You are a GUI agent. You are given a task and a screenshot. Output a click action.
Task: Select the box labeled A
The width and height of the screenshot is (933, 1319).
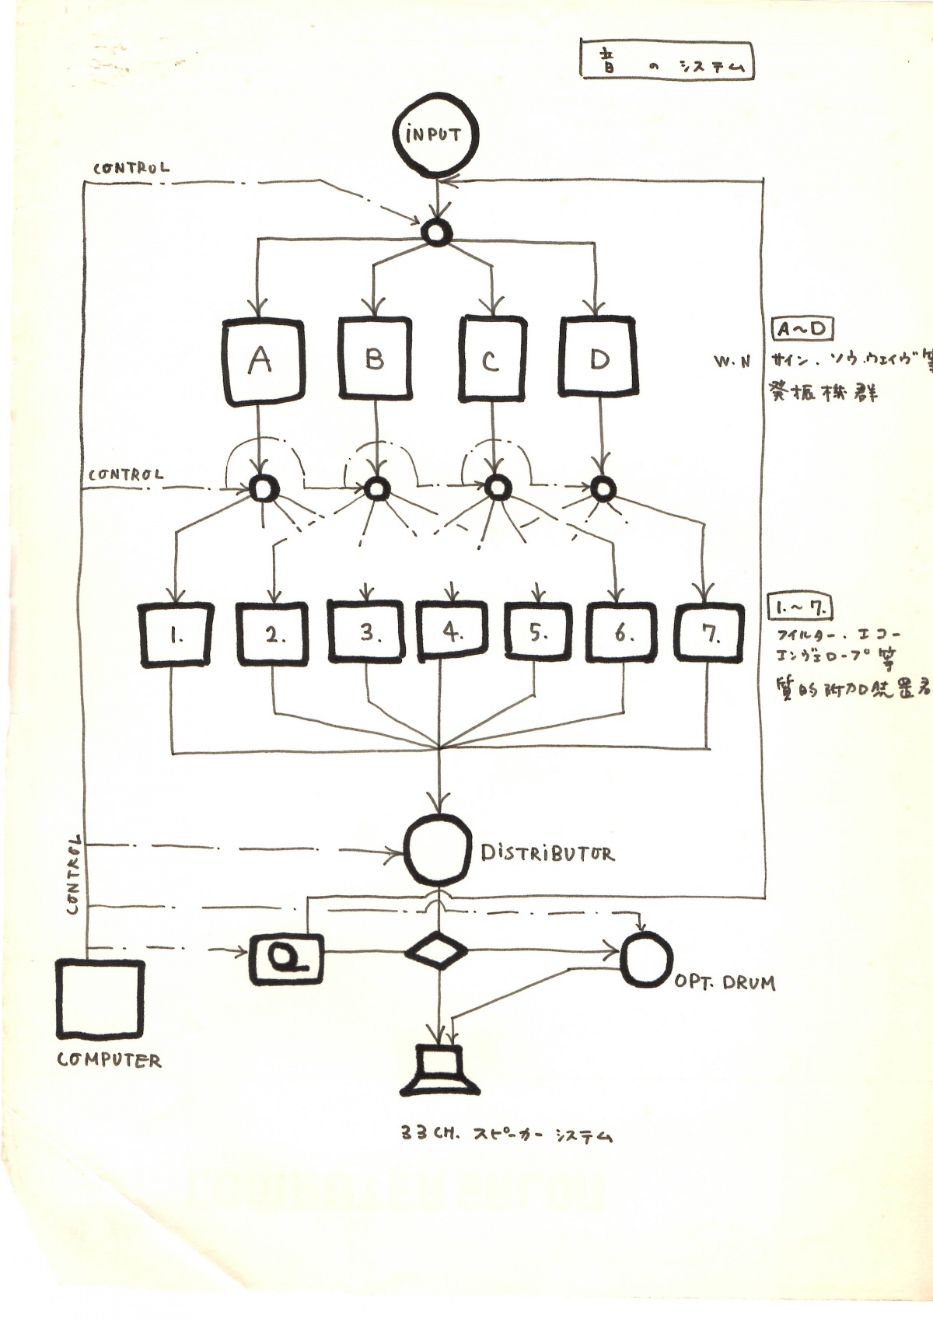pos(263,361)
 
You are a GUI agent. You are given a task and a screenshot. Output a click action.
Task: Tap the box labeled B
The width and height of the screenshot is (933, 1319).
pos(376,359)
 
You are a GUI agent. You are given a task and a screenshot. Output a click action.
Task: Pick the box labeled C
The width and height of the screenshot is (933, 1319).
pos(491,359)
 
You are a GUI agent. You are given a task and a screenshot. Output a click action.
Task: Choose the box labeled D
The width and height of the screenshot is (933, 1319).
pos(598,357)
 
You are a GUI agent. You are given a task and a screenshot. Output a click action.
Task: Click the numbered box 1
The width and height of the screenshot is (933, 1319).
pos(176,635)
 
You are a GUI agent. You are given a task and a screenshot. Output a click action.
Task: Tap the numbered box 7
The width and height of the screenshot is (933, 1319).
pos(709,634)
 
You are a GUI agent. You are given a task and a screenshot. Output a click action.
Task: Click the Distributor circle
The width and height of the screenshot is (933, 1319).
pos(438,850)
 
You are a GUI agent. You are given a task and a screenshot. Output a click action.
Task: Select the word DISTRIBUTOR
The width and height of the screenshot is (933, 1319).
pos(547,853)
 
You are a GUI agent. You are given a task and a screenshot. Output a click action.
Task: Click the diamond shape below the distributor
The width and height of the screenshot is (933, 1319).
pos(438,950)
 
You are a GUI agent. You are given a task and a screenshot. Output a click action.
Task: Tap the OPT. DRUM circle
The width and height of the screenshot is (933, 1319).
pos(646,958)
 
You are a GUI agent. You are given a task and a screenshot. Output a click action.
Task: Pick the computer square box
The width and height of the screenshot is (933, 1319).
pos(101,999)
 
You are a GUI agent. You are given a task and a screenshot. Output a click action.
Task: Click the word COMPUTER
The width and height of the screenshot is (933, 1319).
pos(109,1060)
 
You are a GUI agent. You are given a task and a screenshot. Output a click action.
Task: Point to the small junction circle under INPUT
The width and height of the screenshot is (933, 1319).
pos(436,232)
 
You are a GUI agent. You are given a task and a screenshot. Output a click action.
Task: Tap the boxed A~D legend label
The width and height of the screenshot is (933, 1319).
pos(802,329)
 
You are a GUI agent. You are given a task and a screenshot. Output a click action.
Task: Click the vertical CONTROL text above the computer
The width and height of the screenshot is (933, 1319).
pos(74,875)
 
